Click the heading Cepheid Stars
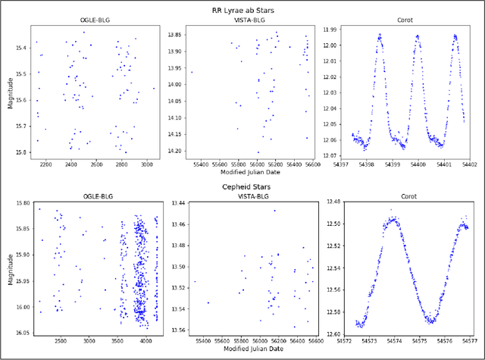[242, 186]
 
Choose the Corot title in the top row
[404, 20]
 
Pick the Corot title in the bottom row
[403, 197]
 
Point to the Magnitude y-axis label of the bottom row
[11, 269]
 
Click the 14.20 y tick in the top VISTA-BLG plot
[174, 151]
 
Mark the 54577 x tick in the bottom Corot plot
[467, 342]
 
